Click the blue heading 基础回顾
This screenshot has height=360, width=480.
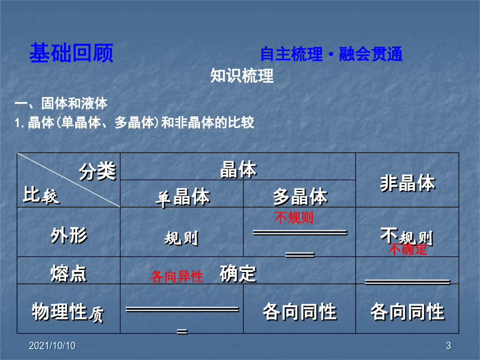click(x=71, y=53)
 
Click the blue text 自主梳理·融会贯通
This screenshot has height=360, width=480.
click(x=331, y=54)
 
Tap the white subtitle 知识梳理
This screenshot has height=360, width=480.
click(x=242, y=76)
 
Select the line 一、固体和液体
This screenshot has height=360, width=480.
click(x=61, y=103)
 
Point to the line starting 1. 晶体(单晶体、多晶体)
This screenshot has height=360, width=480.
click(x=134, y=123)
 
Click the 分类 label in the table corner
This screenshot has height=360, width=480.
click(x=98, y=171)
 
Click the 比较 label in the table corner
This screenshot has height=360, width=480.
click(x=41, y=195)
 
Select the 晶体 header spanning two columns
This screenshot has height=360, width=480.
click(x=238, y=169)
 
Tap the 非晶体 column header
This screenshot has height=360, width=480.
click(x=408, y=183)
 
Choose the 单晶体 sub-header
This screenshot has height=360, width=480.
click(x=183, y=197)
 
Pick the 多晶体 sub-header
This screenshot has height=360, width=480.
click(x=300, y=196)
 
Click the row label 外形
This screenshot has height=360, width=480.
click(x=69, y=235)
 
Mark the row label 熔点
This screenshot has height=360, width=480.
click(x=69, y=274)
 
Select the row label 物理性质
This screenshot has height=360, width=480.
click(x=68, y=312)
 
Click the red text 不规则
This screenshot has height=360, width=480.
click(x=294, y=218)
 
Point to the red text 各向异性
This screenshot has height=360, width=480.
click(x=177, y=276)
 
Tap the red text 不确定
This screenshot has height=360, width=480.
click(x=407, y=249)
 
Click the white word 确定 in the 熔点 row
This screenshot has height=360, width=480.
click(x=238, y=274)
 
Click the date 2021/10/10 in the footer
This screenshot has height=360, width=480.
click(x=52, y=346)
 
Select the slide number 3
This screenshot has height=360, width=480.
click(x=449, y=346)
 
